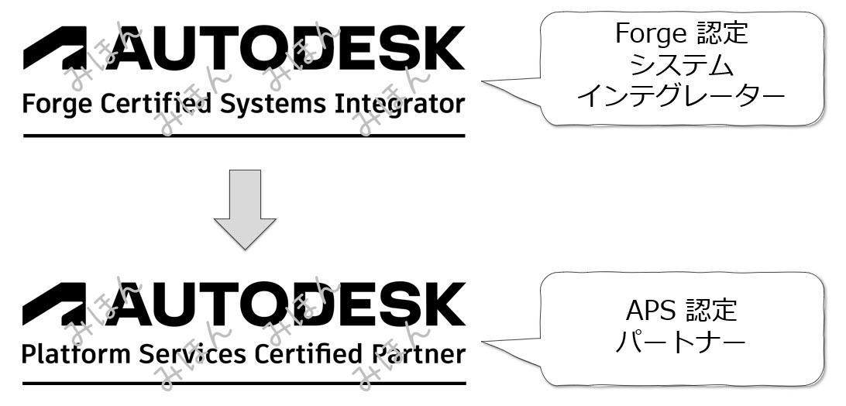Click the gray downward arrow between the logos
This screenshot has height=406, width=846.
[x=244, y=211]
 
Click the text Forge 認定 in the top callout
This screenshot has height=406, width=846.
[x=682, y=33]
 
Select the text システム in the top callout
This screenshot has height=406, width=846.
[x=682, y=65]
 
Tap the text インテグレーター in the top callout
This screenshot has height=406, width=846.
[x=682, y=97]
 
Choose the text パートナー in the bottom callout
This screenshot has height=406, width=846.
[x=682, y=341]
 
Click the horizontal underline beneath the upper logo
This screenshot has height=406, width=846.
[x=244, y=136]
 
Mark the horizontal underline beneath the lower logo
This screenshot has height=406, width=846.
[x=244, y=384]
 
